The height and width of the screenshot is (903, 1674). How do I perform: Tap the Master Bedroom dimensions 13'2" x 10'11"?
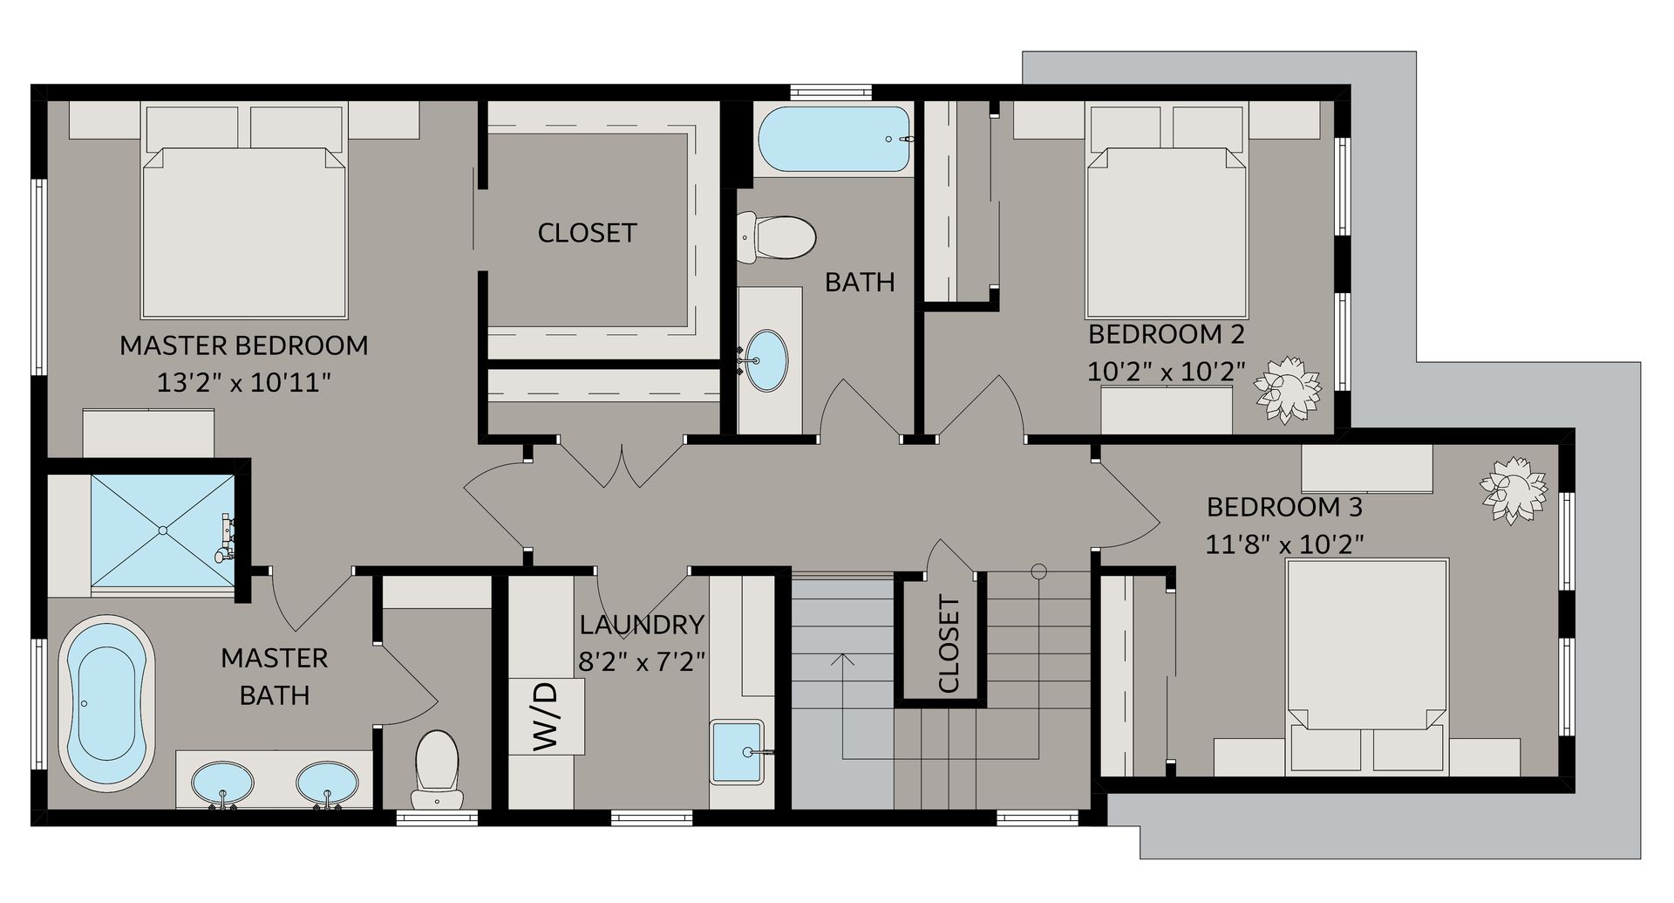pos(243,383)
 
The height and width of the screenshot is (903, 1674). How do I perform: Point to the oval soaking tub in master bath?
pos(106,701)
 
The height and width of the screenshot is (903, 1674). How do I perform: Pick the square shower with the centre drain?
pos(163,530)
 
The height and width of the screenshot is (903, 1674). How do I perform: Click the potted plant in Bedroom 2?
pos(1287,388)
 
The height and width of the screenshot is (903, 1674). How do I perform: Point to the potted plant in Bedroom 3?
pos(1514,491)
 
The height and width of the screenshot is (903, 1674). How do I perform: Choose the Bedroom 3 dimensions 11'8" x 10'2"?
pos(1284,544)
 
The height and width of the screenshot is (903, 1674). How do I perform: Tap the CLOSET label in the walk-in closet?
pos(587,233)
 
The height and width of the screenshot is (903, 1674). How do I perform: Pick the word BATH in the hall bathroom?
pos(860,282)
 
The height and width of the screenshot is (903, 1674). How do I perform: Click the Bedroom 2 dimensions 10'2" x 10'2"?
pos(1166,372)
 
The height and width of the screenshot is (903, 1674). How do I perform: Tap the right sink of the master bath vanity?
pos(326,783)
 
